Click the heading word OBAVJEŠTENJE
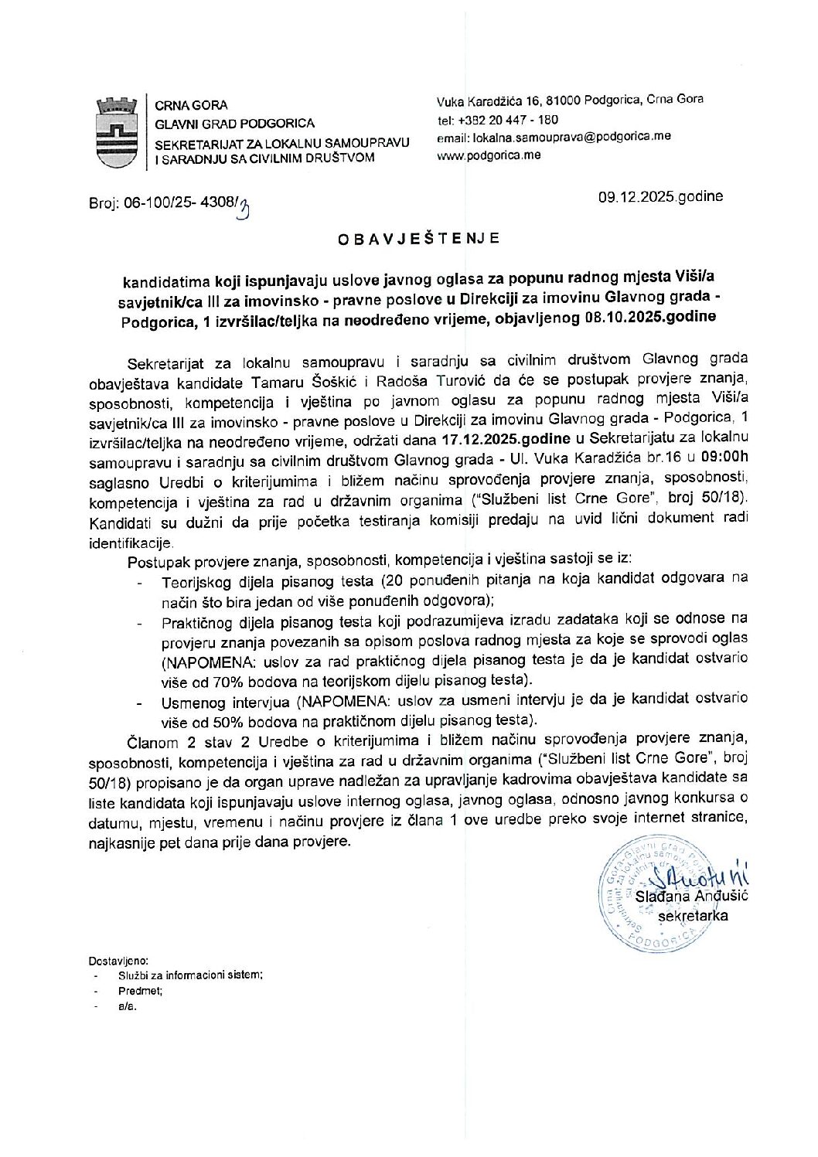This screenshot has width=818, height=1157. point(418,239)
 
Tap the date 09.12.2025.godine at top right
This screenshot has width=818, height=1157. point(660,196)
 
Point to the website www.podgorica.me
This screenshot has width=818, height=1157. point(489,155)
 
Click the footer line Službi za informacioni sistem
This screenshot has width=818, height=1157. point(190,975)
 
